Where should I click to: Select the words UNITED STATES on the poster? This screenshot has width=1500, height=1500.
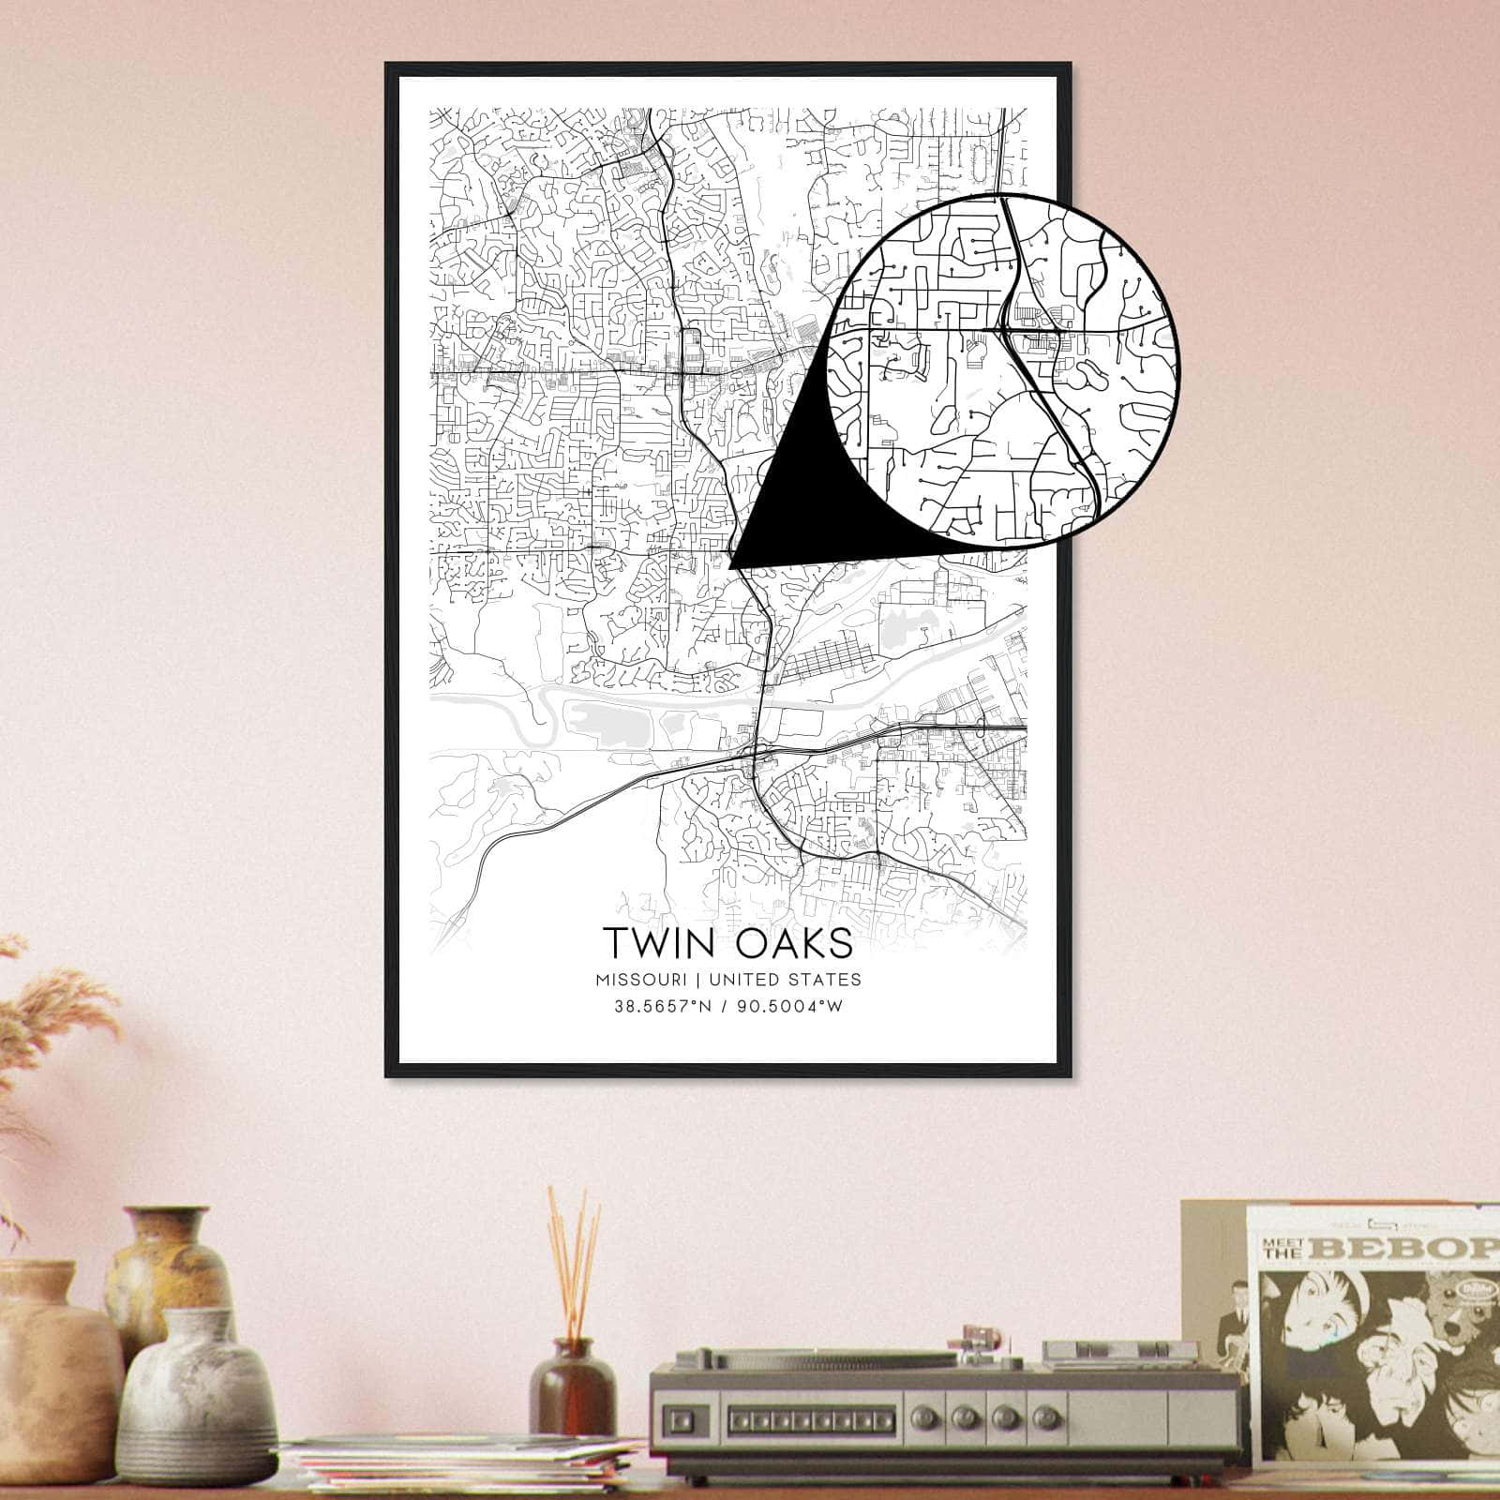pos(786,980)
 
